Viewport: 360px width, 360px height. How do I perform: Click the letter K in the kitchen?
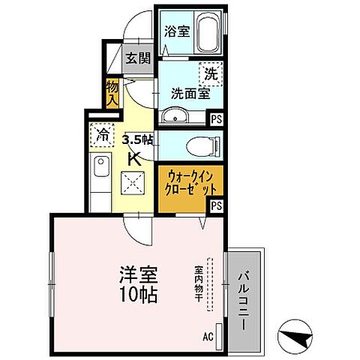click(x=135, y=158)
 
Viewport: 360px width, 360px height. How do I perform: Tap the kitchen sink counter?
click(x=100, y=176)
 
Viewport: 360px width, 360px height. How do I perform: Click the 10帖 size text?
click(x=137, y=295)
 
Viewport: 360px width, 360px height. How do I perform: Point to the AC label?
click(x=208, y=336)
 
